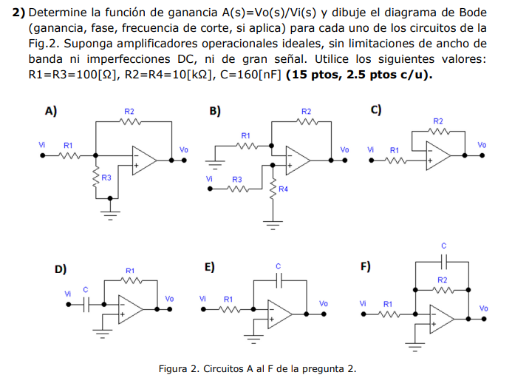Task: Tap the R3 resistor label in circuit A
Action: (x=106, y=178)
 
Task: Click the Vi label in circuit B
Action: (x=210, y=178)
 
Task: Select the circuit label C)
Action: (x=376, y=109)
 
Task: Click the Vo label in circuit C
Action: (x=482, y=145)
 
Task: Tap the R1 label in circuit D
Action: (x=130, y=271)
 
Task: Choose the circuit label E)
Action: (x=210, y=267)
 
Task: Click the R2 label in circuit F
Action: (x=443, y=280)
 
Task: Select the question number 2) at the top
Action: (x=20, y=13)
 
